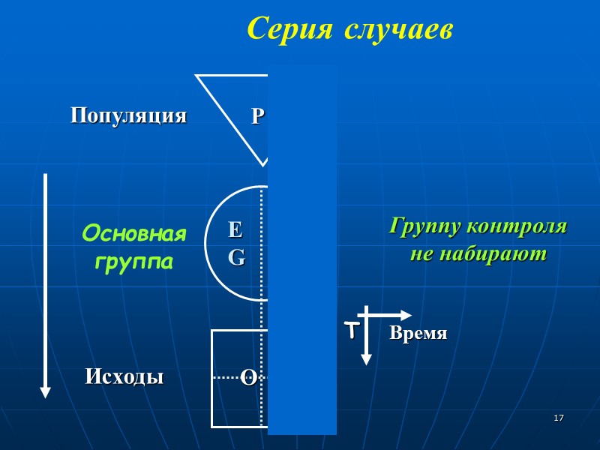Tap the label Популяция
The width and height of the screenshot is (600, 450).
point(128,116)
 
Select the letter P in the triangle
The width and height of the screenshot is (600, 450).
point(257,116)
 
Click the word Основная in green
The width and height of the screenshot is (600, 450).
point(133,234)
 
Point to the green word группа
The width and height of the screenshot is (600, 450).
point(133,262)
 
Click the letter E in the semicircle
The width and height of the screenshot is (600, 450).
point(235,229)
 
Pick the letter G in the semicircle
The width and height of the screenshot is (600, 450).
point(236,257)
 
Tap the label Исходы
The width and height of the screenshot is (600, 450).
point(124,376)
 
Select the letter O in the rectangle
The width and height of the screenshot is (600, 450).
point(247,378)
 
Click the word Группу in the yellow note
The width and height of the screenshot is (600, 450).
point(424,226)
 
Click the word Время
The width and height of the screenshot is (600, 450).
point(418,334)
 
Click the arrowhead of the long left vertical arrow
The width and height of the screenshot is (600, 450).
point(45,391)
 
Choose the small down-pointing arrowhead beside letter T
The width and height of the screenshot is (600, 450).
point(366,359)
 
